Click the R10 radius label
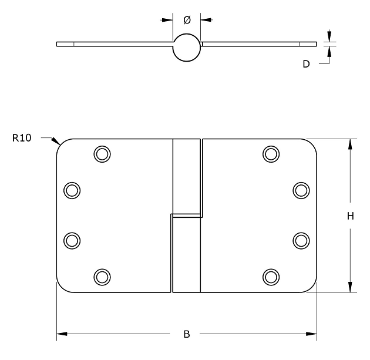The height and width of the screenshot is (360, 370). click(x=22, y=139)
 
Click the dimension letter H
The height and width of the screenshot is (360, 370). click(x=350, y=216)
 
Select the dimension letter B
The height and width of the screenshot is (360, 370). click(x=187, y=335)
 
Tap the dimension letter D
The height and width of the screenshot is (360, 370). click(x=306, y=64)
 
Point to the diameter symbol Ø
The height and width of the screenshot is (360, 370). click(x=187, y=20)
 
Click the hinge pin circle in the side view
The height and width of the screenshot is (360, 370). click(x=187, y=48)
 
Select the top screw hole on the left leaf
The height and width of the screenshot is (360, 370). click(x=102, y=154)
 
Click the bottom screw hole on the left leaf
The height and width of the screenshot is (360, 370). click(x=102, y=276)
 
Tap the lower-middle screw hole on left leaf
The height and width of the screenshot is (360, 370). click(x=72, y=240)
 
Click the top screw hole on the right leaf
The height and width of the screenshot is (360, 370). click(x=271, y=154)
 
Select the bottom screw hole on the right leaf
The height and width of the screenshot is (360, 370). click(x=271, y=276)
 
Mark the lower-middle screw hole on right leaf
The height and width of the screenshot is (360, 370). click(x=301, y=240)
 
